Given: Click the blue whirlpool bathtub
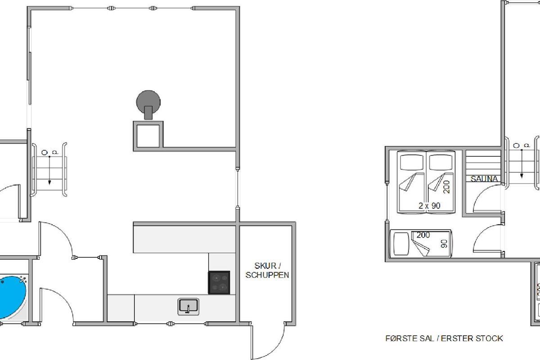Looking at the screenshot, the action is click(x=12, y=297).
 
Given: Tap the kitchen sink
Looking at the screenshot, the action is click(x=188, y=307).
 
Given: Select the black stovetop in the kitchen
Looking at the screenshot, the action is click(x=219, y=283).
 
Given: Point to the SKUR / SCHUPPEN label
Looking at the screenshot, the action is click(x=267, y=270).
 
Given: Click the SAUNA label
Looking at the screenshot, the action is click(x=484, y=179).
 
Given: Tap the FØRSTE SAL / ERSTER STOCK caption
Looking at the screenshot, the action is click(x=444, y=338).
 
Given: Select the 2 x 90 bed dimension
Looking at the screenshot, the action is click(x=429, y=206).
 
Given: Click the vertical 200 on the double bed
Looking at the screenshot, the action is click(x=446, y=187).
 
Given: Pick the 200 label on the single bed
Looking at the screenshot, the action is click(x=423, y=235).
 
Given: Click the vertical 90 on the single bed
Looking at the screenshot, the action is click(x=444, y=243).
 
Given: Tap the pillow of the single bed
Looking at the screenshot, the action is click(x=401, y=244).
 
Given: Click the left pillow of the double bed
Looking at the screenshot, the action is click(x=412, y=162).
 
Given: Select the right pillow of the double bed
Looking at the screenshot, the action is click(x=441, y=162).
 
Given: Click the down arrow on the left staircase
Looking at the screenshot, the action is click(x=49, y=171).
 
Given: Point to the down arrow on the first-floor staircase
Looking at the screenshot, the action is click(x=522, y=164).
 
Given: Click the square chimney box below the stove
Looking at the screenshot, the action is click(x=148, y=136).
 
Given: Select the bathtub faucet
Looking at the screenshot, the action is click(x=23, y=280).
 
